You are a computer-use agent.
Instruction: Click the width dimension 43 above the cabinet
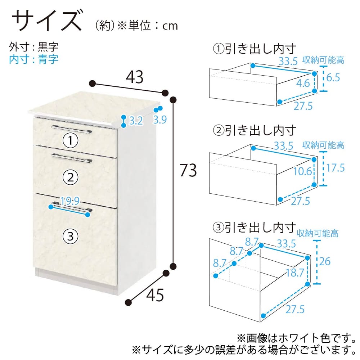tap(135, 77)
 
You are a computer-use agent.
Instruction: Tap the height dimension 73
tap(188, 170)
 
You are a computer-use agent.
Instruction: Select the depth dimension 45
tap(155, 295)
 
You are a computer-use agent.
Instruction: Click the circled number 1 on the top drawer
tap(71, 140)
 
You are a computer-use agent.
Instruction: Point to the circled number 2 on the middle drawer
tap(71, 177)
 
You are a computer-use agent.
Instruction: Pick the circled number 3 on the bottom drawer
tap(71, 236)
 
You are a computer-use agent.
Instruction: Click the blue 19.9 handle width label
tap(70, 201)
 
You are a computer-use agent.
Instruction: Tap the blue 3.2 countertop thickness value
tap(136, 121)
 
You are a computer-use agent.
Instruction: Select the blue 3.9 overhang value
tap(160, 120)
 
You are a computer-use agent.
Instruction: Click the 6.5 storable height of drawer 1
tap(333, 78)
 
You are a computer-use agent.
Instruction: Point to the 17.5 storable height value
tap(336, 168)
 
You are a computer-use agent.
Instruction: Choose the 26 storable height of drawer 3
tap(325, 261)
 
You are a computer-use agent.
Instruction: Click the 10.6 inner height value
tap(303, 171)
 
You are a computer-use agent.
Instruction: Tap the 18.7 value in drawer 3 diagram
tap(295, 273)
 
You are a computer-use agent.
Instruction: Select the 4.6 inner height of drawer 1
tap(303, 83)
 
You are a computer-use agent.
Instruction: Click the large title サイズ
tap(47, 20)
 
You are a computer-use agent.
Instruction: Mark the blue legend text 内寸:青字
tap(34, 59)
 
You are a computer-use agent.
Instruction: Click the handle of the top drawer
tap(72, 129)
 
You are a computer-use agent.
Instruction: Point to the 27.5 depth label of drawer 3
tap(295, 309)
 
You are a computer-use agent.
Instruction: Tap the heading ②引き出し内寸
tap(255, 131)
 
